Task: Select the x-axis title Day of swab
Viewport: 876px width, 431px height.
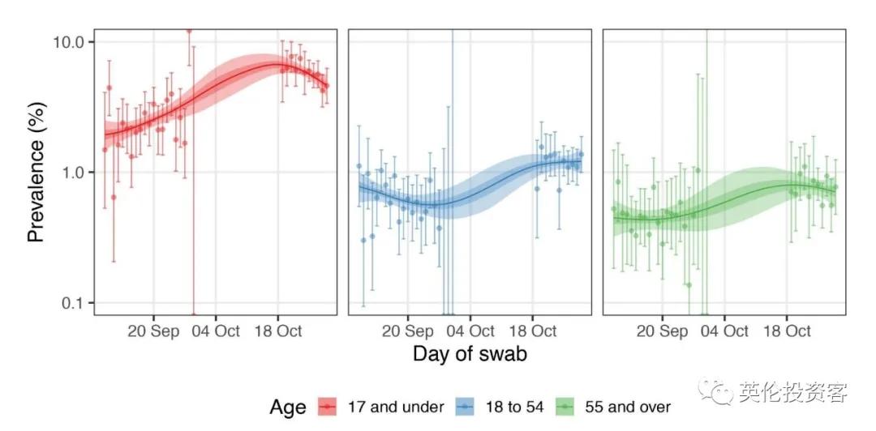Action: tap(470, 354)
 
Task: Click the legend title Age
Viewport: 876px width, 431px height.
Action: tap(288, 406)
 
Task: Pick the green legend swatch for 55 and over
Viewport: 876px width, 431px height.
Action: tap(565, 406)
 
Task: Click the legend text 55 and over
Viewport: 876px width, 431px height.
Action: tap(628, 406)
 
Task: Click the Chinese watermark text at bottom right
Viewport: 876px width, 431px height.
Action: tap(793, 394)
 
